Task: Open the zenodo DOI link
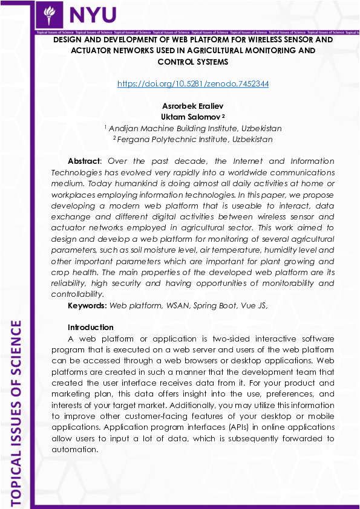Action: point(193,84)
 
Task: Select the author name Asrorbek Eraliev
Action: point(193,106)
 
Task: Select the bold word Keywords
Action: point(87,305)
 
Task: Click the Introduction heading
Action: point(91,328)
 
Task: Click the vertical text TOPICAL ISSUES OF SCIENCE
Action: point(16,411)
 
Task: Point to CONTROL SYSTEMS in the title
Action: point(193,62)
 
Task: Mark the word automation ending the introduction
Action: point(74,449)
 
